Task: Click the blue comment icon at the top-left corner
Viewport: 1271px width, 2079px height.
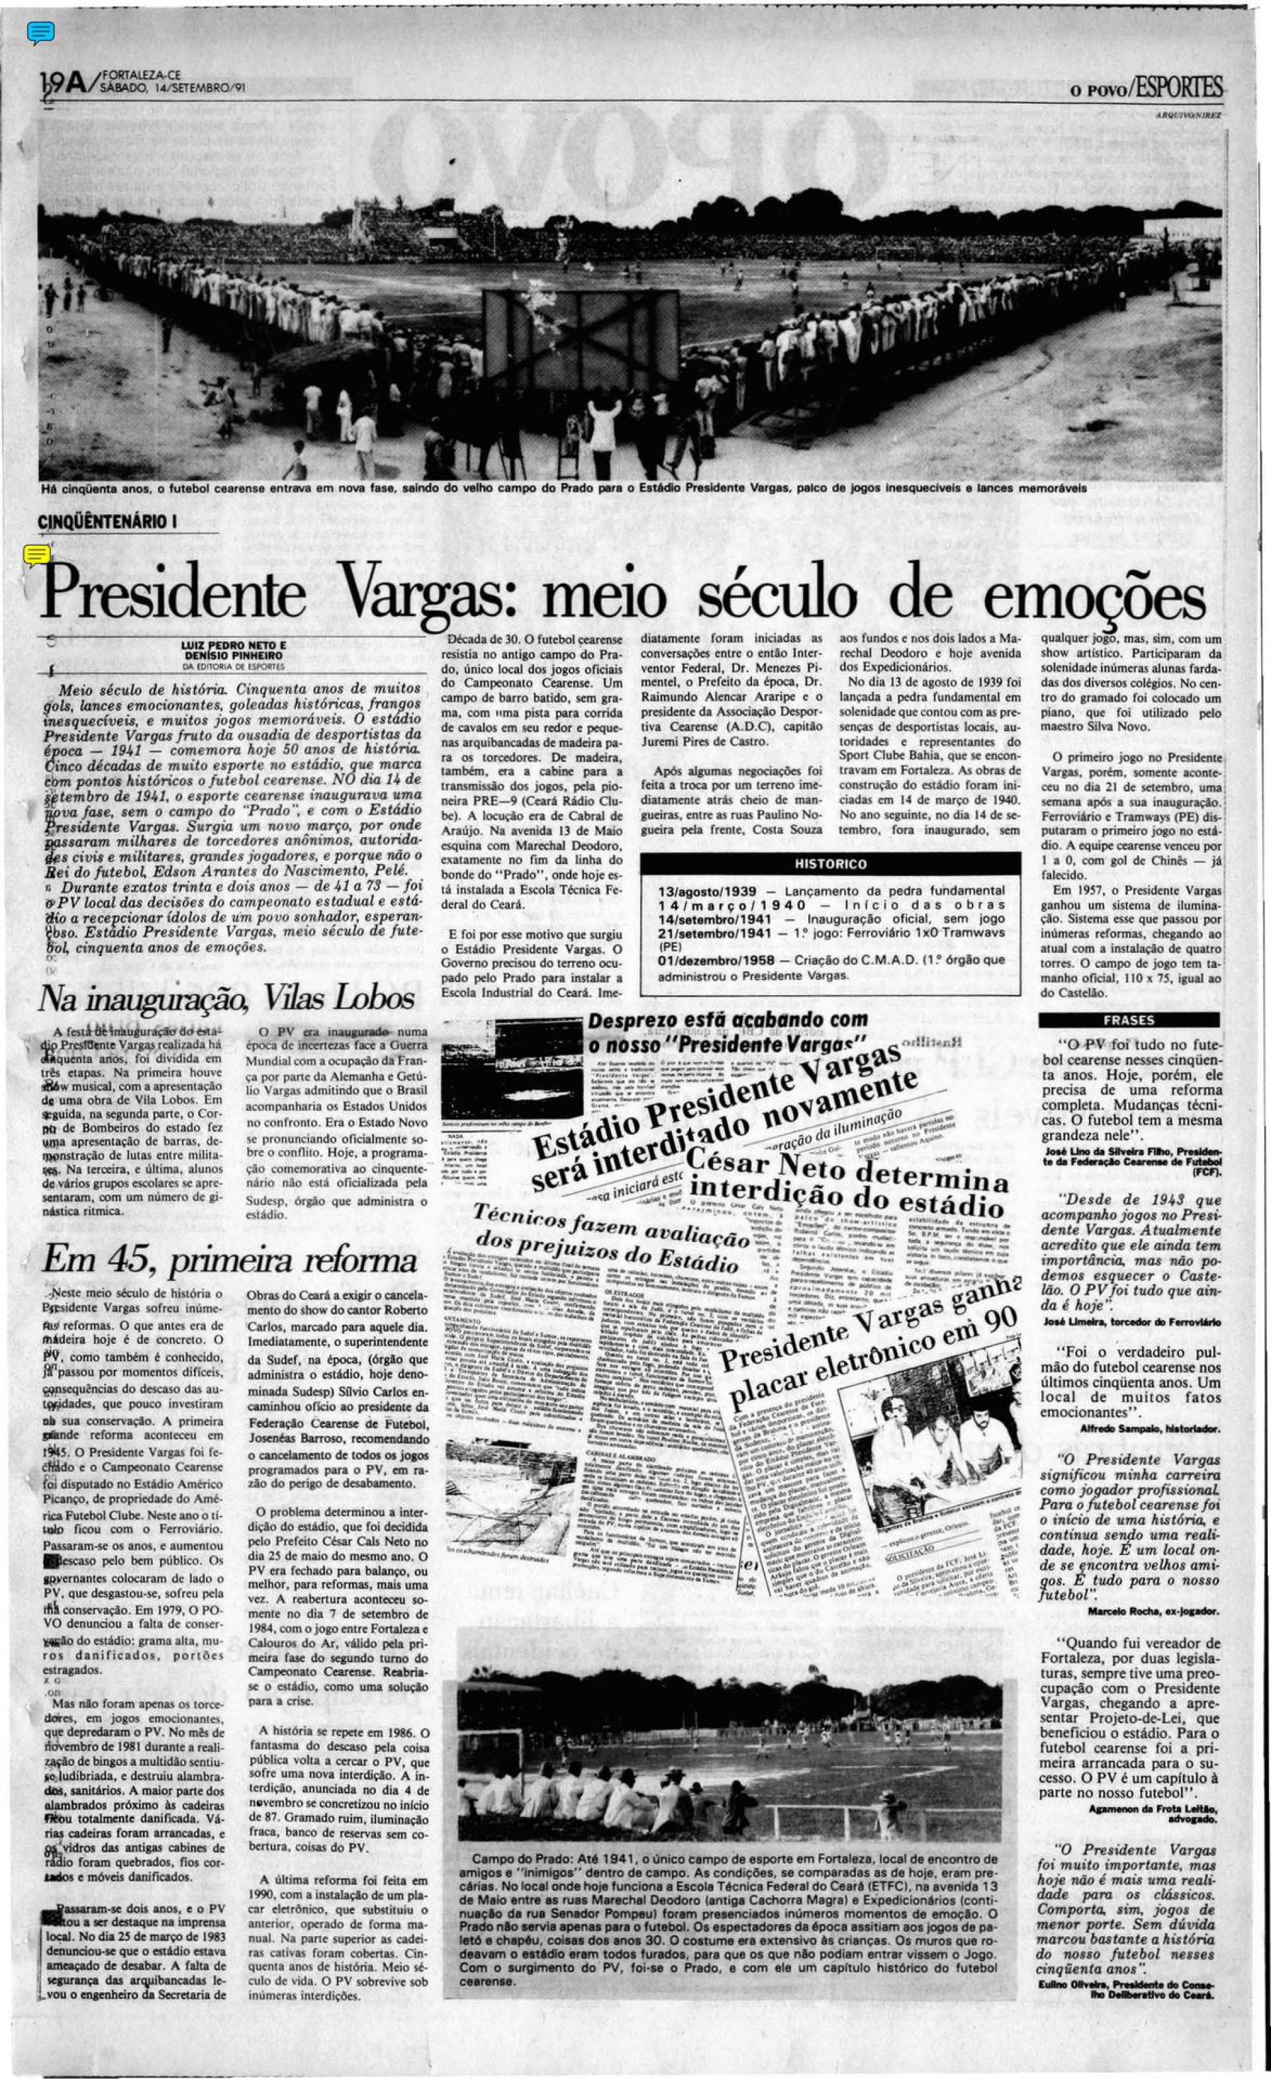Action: click(x=40, y=32)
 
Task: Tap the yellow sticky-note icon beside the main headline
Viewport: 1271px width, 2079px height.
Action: click(x=36, y=554)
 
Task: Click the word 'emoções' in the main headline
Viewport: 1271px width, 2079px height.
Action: click(x=1095, y=597)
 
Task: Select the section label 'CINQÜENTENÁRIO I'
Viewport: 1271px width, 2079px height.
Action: click(x=107, y=521)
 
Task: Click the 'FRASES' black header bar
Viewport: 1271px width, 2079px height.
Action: click(x=1129, y=1020)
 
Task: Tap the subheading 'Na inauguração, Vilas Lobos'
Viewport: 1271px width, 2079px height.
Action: click(x=226, y=999)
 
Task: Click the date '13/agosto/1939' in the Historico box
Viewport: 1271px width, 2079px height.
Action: click(x=707, y=890)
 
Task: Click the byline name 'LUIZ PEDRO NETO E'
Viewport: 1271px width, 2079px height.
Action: click(x=234, y=644)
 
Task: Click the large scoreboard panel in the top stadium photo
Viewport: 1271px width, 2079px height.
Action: click(x=581, y=337)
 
